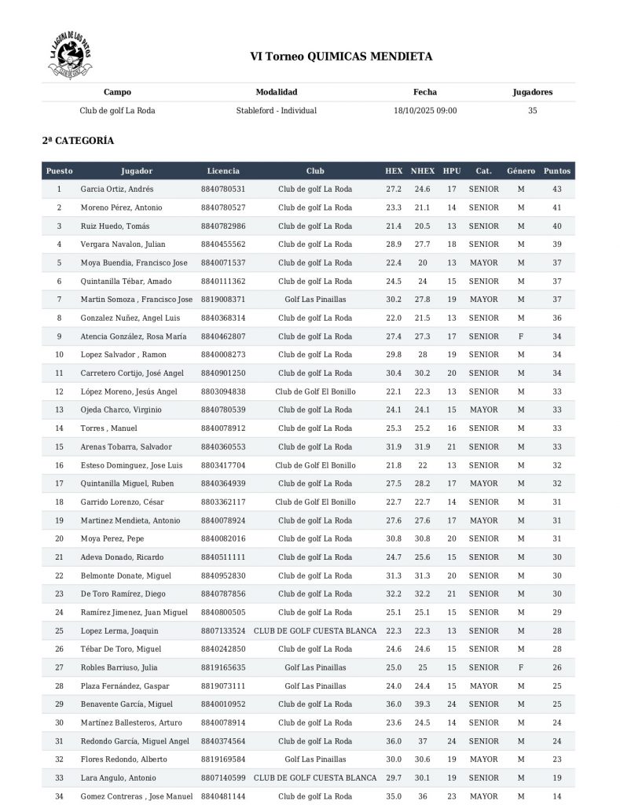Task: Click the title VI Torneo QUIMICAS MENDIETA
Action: [x=341, y=57]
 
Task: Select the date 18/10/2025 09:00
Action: [x=425, y=111]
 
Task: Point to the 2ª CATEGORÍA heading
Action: [x=78, y=141]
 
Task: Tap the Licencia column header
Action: [x=223, y=171]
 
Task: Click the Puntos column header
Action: [x=557, y=171]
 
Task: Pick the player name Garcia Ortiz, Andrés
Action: [x=117, y=189]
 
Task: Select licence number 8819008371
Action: [x=223, y=300]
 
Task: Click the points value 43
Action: [x=557, y=189]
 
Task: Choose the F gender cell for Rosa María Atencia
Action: [x=520, y=336]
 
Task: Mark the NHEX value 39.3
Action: [x=423, y=704]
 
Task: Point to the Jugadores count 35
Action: [x=533, y=111]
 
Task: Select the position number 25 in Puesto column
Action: [x=59, y=630]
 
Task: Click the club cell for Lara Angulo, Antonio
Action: [x=315, y=777]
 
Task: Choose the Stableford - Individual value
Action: [x=277, y=111]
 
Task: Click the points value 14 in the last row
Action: [x=557, y=796]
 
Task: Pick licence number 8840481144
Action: [x=223, y=796]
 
